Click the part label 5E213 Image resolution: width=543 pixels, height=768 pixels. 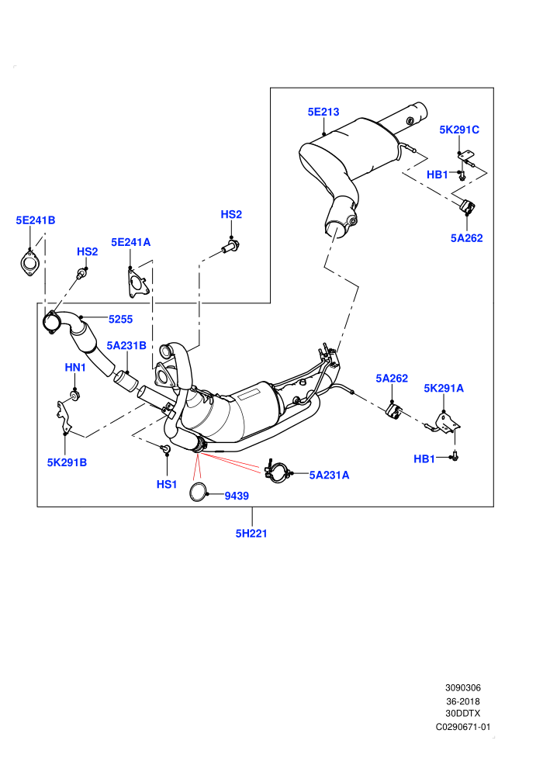pyautogui.click(x=323, y=112)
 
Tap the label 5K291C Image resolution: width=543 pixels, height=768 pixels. pyautogui.click(x=459, y=130)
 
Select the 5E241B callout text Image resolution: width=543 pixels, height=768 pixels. pyautogui.click(x=36, y=220)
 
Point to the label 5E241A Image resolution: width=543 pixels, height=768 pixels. pyautogui.click(x=131, y=243)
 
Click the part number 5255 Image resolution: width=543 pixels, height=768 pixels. pyautogui.click(x=120, y=320)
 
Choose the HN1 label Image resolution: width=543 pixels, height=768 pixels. pyautogui.click(x=75, y=368)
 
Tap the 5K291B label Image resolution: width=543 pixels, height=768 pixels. pyautogui.click(x=67, y=462)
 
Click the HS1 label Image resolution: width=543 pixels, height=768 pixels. pyautogui.click(x=167, y=484)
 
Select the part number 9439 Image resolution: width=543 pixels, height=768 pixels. pyautogui.click(x=237, y=496)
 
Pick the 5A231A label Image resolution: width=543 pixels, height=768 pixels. pyautogui.click(x=329, y=475)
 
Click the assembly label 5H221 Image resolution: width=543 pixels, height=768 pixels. pyautogui.click(x=251, y=534)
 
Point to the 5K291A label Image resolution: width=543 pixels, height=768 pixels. pyautogui.click(x=444, y=389)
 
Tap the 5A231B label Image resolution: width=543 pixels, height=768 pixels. pyautogui.click(x=126, y=346)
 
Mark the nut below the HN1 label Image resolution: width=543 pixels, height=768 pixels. pyautogui.click(x=74, y=395)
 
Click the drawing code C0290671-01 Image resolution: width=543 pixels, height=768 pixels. pyautogui.click(x=462, y=727)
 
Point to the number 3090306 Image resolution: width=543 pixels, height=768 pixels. pyautogui.click(x=462, y=687)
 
